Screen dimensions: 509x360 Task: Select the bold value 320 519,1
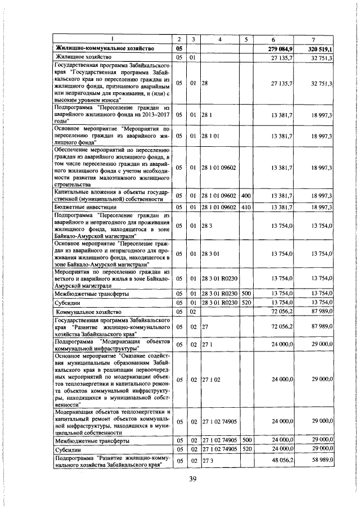[x=321, y=49]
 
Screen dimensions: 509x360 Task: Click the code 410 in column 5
[x=245, y=207]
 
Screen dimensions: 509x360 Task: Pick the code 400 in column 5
[x=245, y=195]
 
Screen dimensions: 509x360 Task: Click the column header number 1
[x=112, y=39]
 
